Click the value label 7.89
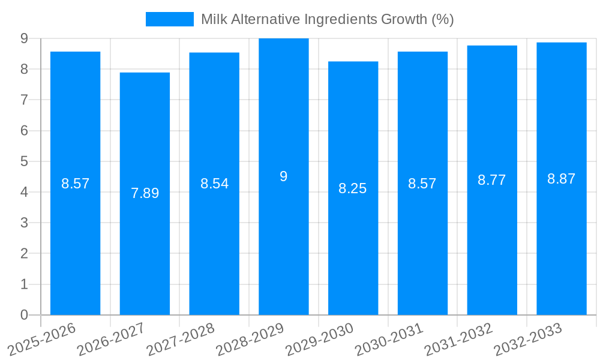click(145, 193)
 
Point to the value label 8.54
click(214, 184)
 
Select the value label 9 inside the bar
click(284, 176)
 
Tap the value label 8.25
click(353, 188)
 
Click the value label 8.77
click(492, 180)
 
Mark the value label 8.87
click(562, 179)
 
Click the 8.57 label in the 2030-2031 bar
click(422, 184)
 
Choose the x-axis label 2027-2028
click(181, 339)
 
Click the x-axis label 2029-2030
click(320, 339)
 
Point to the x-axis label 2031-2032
click(459, 339)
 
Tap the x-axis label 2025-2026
click(42, 339)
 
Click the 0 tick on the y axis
click(25, 315)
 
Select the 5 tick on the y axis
click(25, 161)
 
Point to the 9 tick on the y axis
click(25, 38)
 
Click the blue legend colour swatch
click(170, 19)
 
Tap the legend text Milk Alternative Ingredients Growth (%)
click(327, 19)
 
